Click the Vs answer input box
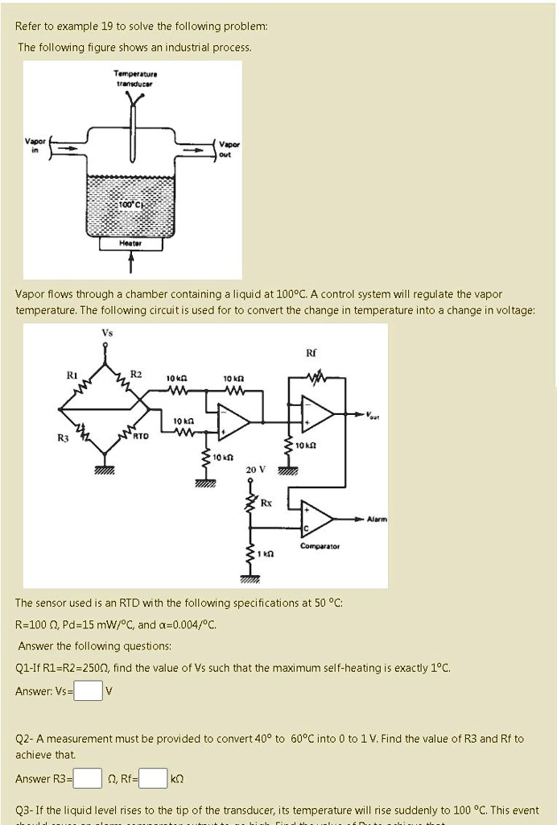(x=89, y=691)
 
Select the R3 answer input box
(x=89, y=778)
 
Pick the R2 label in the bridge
(x=136, y=374)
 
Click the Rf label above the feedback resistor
(x=312, y=352)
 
